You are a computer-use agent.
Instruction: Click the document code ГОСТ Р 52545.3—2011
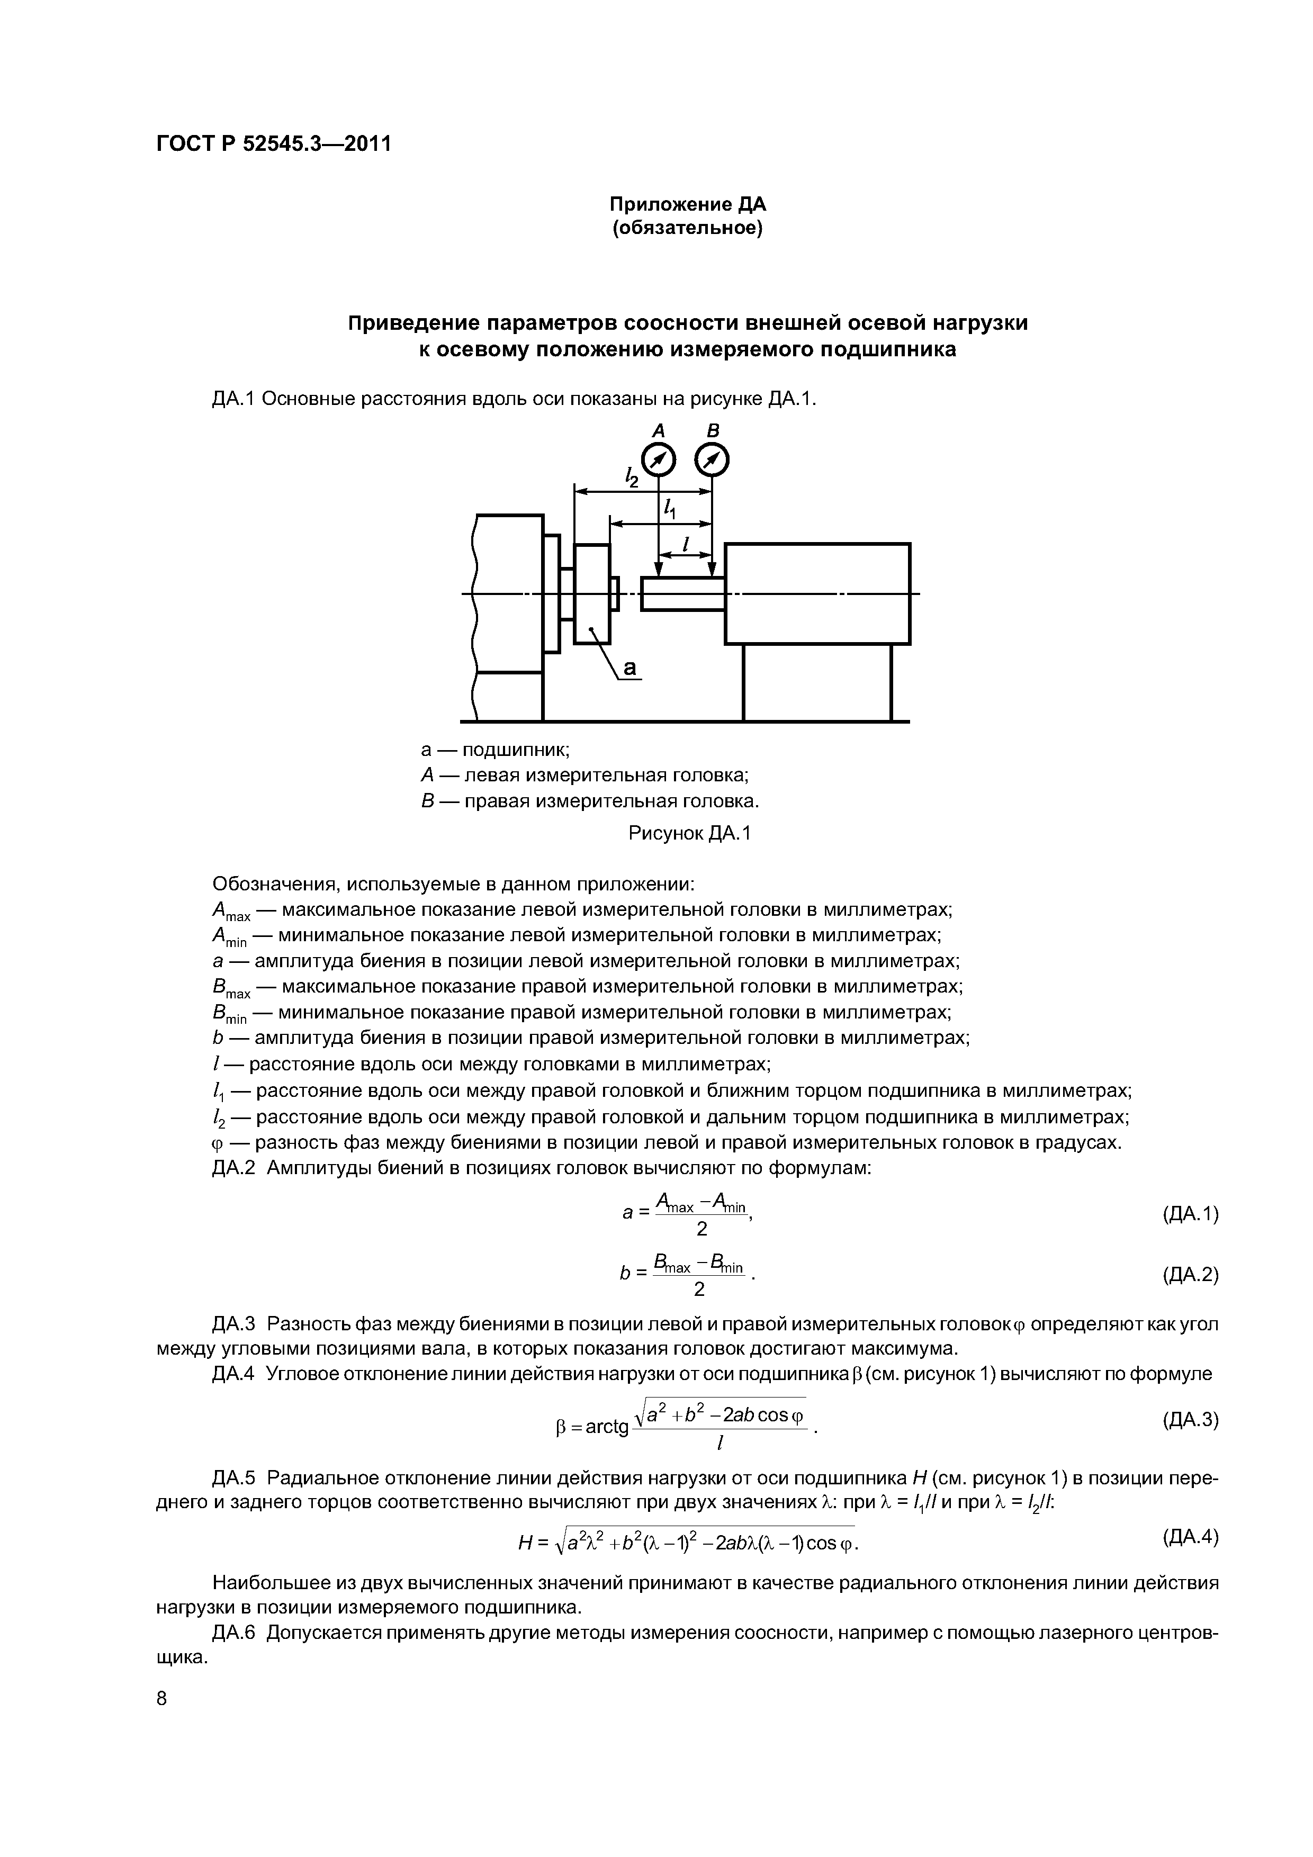pos(273,144)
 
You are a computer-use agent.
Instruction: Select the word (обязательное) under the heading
pos(687,229)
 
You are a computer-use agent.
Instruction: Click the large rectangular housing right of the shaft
pos(817,593)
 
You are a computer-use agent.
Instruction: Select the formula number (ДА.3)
pos(1189,1419)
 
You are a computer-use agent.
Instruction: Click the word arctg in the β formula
pos(607,1428)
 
